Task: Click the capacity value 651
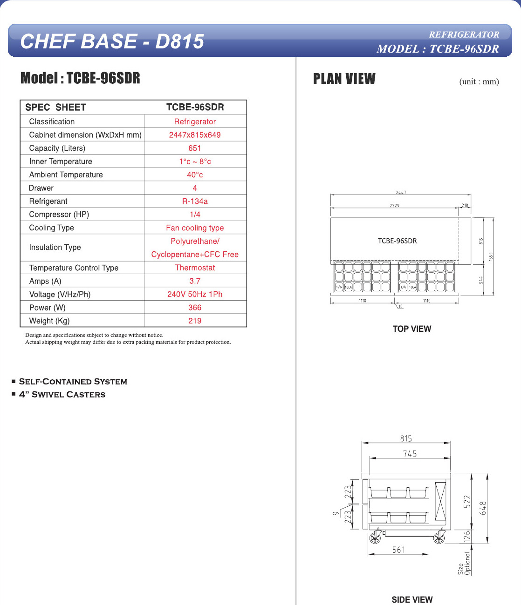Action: point(195,148)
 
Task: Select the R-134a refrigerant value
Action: point(195,201)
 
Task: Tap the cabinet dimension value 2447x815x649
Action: point(195,135)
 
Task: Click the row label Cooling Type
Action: point(52,228)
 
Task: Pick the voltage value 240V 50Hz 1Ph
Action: point(195,294)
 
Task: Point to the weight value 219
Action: point(195,321)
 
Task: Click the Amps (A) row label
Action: point(45,281)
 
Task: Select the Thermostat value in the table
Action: point(195,268)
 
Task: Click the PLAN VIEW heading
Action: point(344,79)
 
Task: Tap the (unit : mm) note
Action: point(479,81)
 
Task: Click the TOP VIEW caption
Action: point(412,329)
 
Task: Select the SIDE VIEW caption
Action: point(412,600)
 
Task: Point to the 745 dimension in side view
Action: point(410,454)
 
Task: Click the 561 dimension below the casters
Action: point(398,550)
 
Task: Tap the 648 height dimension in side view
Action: point(483,508)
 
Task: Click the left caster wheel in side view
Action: point(375,539)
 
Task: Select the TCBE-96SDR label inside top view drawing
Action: point(397,241)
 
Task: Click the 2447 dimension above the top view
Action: point(401,192)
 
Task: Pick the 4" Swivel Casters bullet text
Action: point(62,395)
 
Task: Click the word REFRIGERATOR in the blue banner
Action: point(464,34)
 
